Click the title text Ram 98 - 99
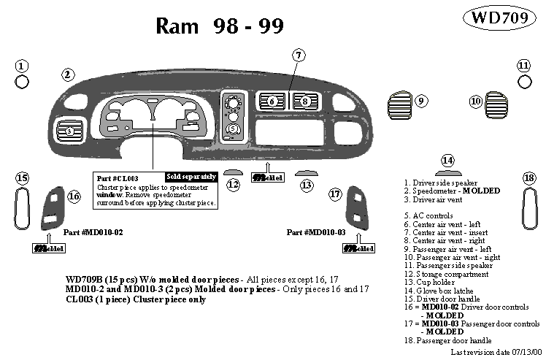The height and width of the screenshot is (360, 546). [220, 26]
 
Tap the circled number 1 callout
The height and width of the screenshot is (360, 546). [22, 66]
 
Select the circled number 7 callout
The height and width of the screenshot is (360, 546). [299, 55]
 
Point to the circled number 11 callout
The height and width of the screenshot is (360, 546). [523, 66]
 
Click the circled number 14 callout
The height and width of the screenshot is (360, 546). [447, 161]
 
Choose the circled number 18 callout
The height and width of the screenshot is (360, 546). [530, 178]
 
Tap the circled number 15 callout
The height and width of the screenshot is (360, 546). [22, 178]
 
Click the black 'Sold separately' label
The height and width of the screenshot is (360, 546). [191, 177]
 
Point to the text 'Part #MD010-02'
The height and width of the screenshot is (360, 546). [93, 231]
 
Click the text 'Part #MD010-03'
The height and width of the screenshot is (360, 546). [315, 231]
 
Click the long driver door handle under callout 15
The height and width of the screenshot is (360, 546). [22, 209]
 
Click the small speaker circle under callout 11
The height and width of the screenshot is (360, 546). [523, 82]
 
